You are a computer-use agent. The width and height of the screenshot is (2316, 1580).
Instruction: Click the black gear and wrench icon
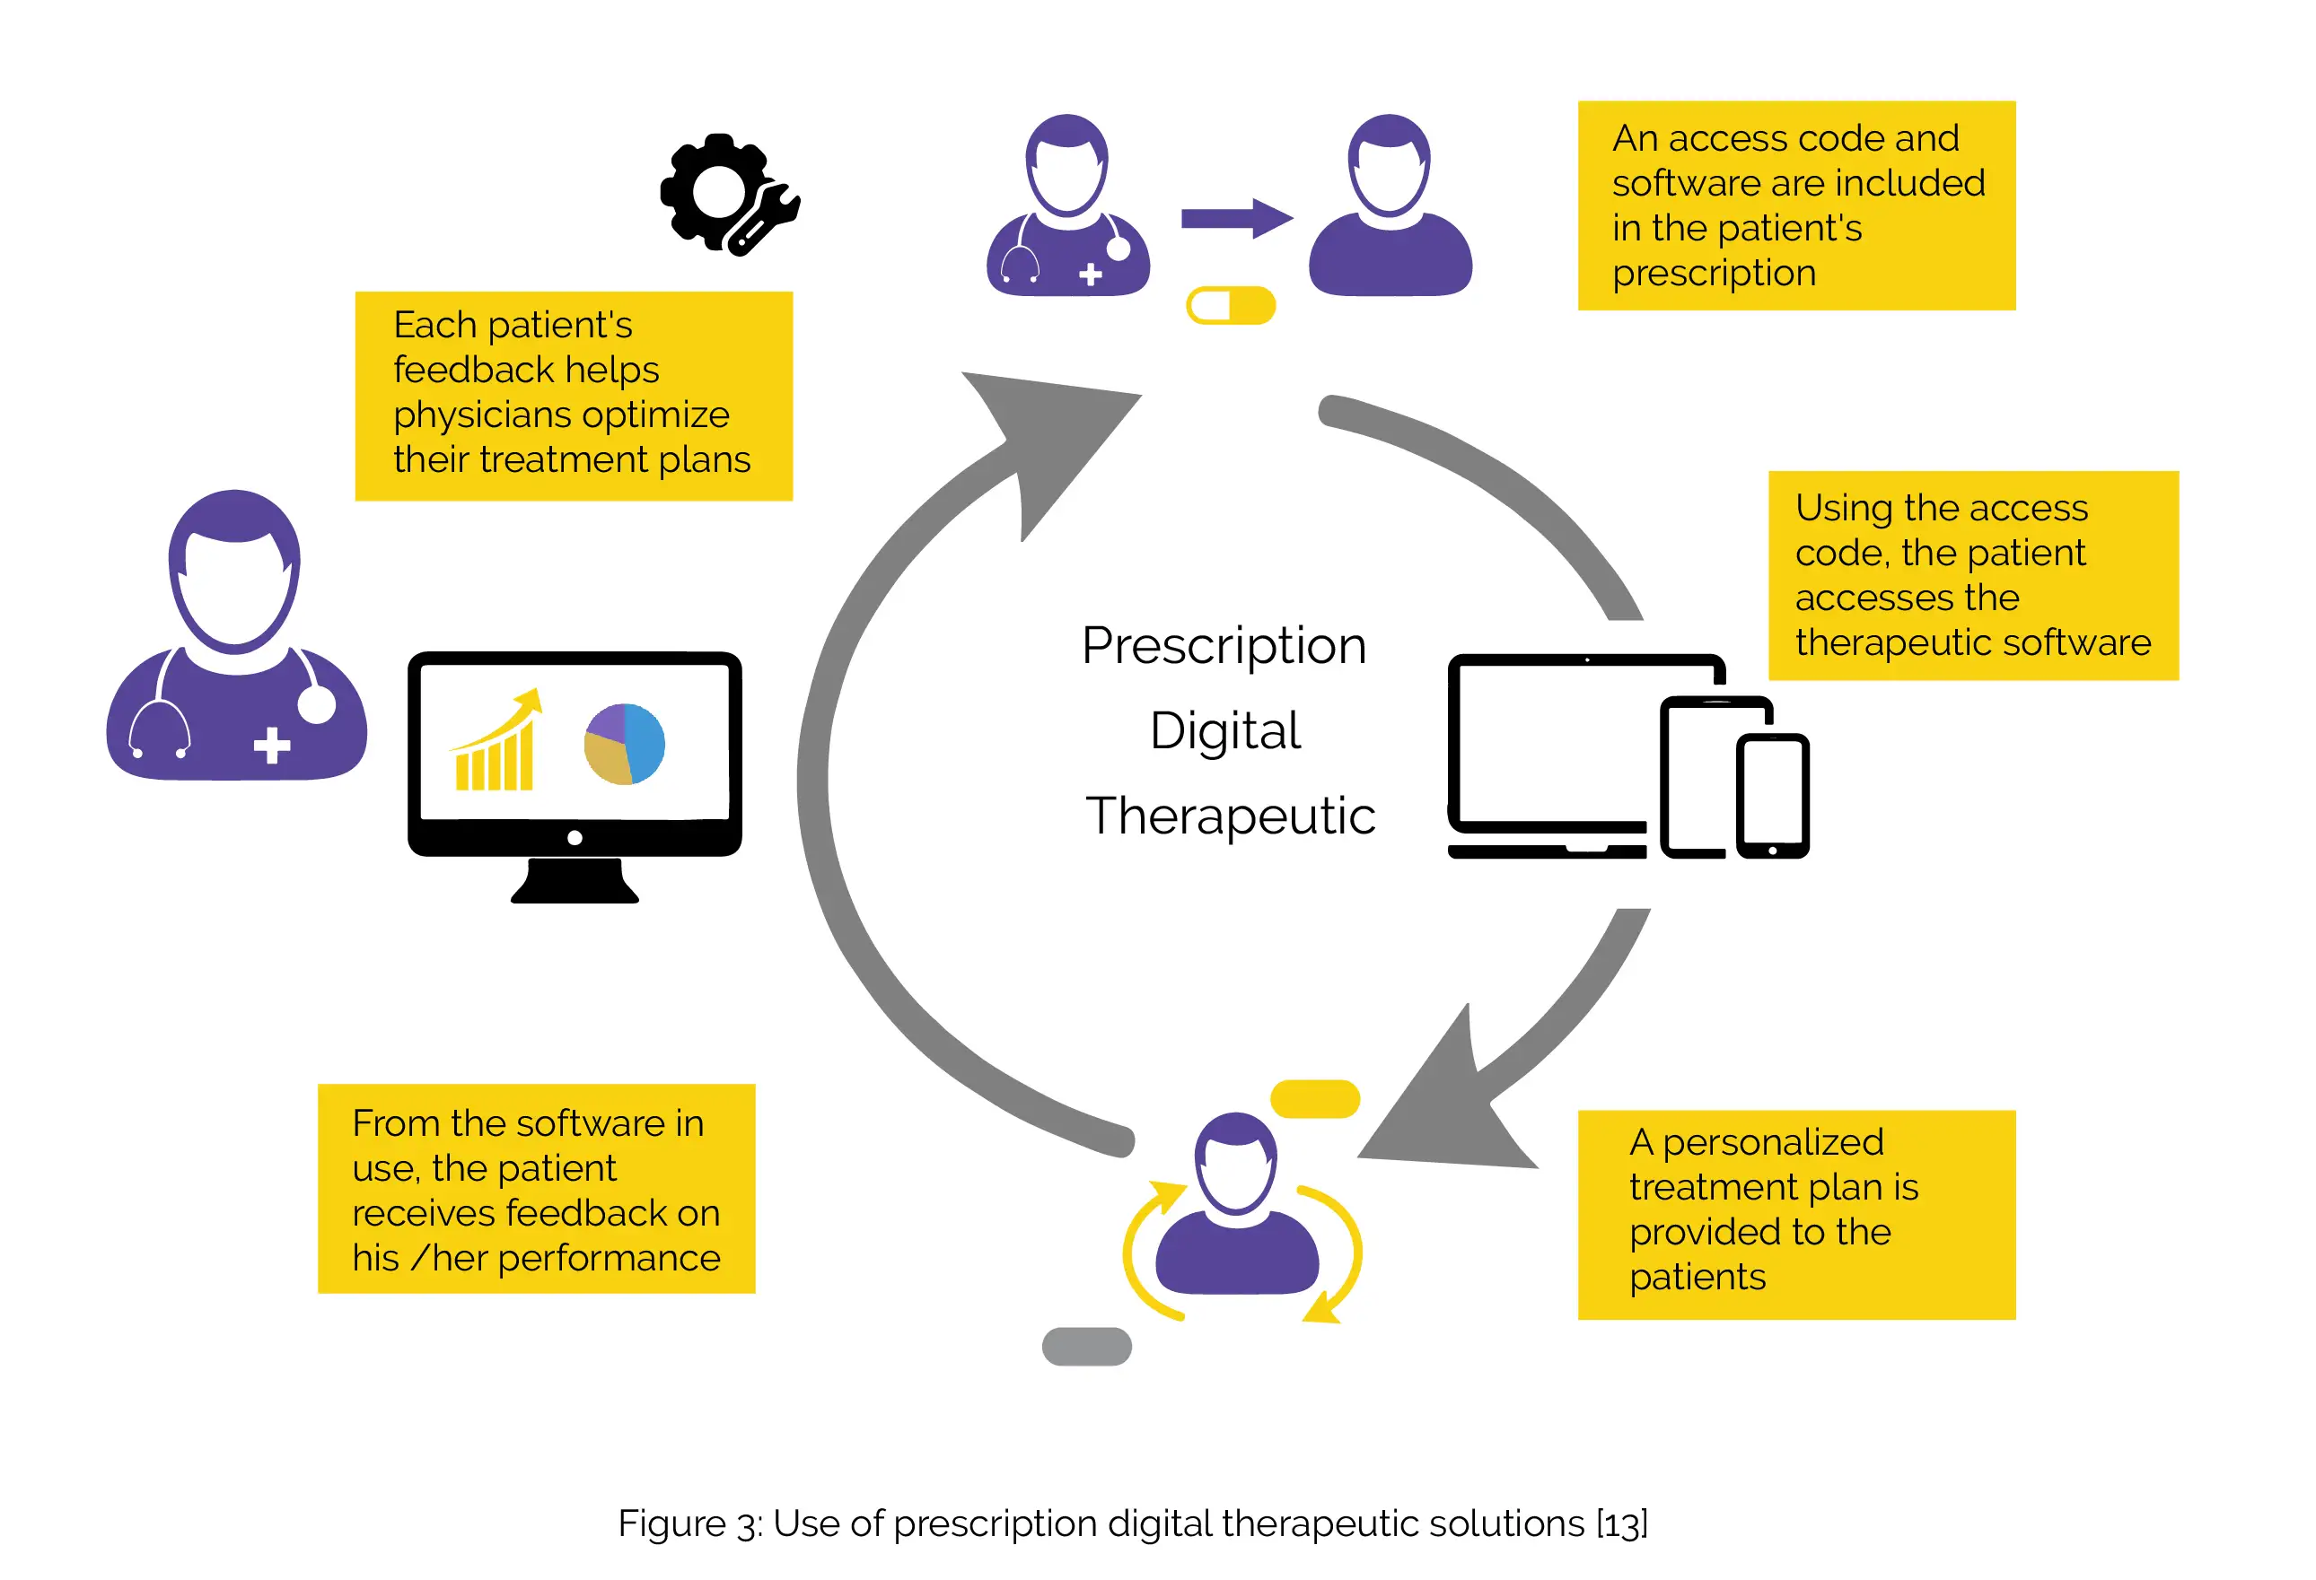pos(726,193)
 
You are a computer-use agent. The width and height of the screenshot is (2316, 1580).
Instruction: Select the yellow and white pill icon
pos(1230,306)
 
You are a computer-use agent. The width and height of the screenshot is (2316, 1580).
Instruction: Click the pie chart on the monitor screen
pos(624,744)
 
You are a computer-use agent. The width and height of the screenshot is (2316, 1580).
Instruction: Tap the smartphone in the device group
pos(1772,796)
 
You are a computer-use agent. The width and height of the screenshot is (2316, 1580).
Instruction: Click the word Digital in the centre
pos(1224,730)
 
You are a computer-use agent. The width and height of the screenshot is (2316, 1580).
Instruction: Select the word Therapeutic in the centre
pos(1230,816)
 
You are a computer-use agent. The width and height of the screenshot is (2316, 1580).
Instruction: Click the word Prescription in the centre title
pos(1224,646)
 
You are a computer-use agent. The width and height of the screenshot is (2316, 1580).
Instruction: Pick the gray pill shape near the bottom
pos(1086,1346)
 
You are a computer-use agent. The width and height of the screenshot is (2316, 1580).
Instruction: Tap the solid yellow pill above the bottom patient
pos(1314,1099)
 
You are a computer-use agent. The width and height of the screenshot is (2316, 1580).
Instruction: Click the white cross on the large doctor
pos(271,746)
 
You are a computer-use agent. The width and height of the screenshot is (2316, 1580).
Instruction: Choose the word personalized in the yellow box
pos(1773,1141)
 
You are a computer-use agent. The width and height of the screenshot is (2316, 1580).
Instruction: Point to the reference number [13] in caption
pos(1621,1523)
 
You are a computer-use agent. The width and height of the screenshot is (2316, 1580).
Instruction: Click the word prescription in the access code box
pos(1714,273)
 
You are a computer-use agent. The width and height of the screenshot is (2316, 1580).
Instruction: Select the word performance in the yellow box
pos(609,1258)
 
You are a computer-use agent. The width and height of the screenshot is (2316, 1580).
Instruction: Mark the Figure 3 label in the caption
pos(689,1523)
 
